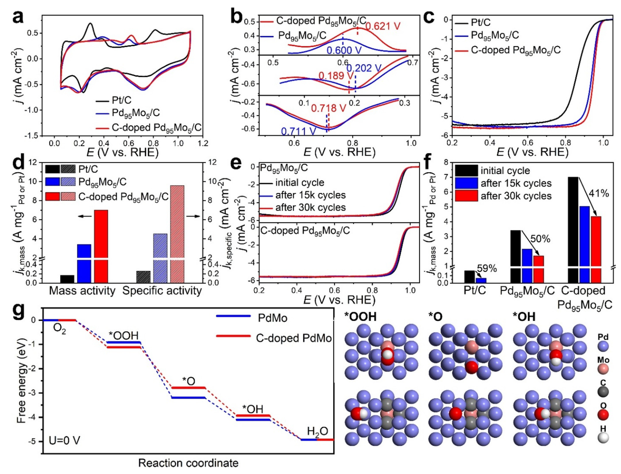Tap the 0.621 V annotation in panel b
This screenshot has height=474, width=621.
[383, 26]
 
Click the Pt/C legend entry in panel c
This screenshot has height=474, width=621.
[480, 22]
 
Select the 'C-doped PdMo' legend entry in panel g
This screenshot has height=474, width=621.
[293, 338]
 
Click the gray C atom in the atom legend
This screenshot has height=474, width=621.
[603, 392]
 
